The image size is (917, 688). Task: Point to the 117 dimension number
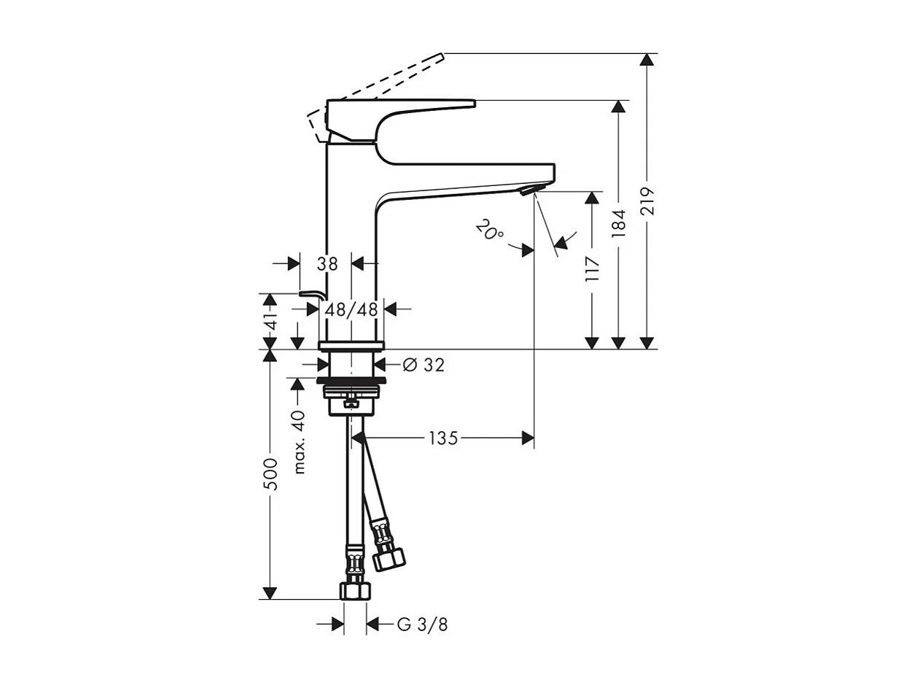point(591,269)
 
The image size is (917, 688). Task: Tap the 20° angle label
point(489,231)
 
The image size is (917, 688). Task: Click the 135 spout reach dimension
point(442,438)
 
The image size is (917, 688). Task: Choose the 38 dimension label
point(327,264)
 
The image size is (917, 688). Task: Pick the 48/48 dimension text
point(352,309)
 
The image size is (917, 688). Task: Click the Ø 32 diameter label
point(424,365)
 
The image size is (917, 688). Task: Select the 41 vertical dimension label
point(270,322)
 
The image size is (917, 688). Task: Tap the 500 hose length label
point(270,474)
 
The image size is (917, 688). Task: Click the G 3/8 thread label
point(423,625)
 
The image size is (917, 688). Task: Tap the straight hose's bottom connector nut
point(355,590)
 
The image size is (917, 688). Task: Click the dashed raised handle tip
point(440,55)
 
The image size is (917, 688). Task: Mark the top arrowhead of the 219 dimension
point(647,60)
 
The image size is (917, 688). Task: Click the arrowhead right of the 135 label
point(528,438)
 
